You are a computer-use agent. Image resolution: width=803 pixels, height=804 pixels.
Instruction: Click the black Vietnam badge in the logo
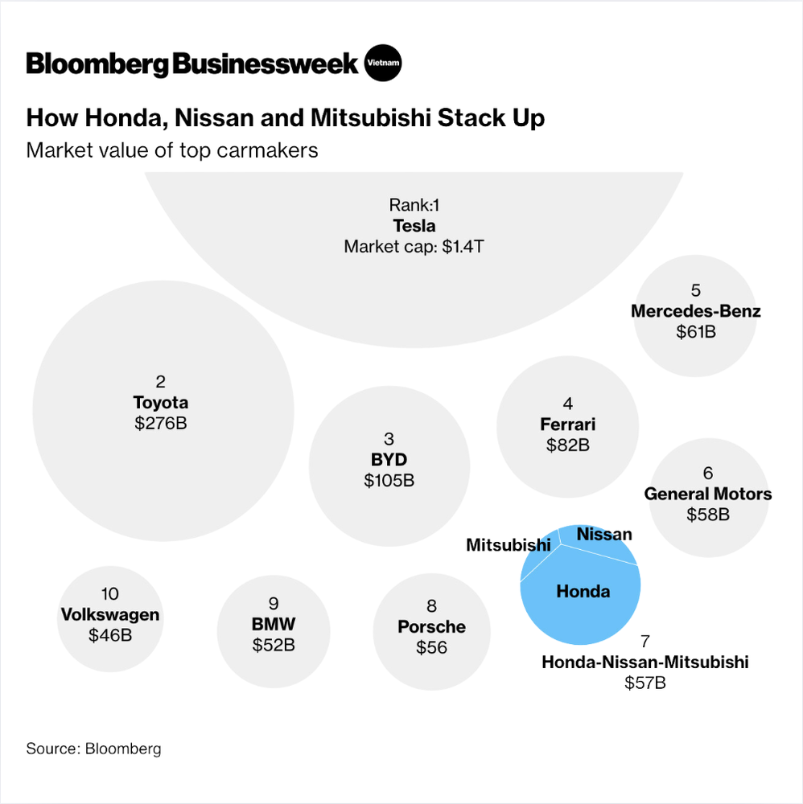coord(382,63)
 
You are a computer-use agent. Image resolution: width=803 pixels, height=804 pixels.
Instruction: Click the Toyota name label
coord(161,402)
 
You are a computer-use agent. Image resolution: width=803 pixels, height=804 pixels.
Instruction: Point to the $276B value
coord(161,422)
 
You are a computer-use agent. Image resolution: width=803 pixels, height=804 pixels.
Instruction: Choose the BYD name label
coord(389,460)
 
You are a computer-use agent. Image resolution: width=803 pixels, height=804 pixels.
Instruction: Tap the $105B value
coord(389,480)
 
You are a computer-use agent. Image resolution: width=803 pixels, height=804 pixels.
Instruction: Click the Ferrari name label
coord(568,424)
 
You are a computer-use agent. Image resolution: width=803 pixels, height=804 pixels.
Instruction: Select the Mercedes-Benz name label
coord(696,311)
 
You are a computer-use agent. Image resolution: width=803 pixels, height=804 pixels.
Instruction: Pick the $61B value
coord(696,331)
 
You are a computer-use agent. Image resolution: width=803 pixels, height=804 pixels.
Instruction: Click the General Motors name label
coord(708,494)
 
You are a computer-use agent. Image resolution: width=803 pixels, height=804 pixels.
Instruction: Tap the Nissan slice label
coord(604,534)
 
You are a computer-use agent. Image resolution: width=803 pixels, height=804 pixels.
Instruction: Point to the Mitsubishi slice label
coord(508,545)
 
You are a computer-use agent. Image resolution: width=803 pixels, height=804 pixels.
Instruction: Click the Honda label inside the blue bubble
coord(583,592)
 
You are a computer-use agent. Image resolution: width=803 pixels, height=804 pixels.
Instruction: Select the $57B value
coord(645,683)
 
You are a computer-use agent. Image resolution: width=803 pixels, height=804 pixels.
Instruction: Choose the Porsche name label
coord(431,627)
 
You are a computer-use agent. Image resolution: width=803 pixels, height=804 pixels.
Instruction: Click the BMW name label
coord(274,624)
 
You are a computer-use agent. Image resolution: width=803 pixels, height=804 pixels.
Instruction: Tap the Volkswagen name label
coord(110,615)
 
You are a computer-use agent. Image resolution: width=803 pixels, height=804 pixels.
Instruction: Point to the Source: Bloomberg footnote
coord(93,749)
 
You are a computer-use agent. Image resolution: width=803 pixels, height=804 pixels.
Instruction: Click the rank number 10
coord(110,594)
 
